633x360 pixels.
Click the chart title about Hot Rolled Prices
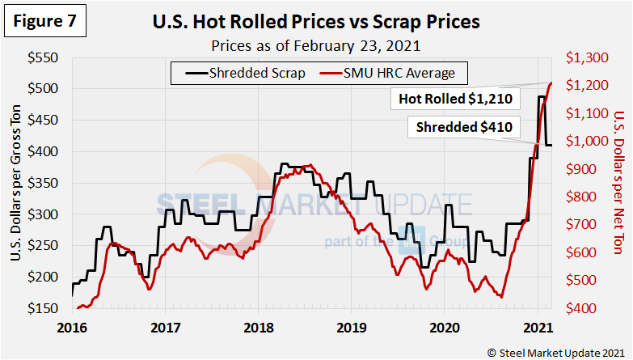point(316,22)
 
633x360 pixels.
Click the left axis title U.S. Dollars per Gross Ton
point(17,184)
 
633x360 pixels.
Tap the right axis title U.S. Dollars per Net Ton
point(618,184)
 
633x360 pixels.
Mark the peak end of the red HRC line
point(551,83)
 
